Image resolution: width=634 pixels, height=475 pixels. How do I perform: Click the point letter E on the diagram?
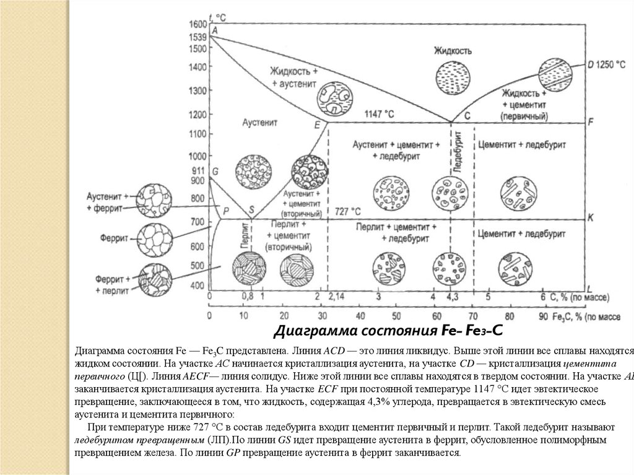click(316, 125)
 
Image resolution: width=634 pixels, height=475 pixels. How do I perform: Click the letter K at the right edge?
click(590, 217)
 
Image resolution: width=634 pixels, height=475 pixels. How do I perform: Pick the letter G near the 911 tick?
click(215, 170)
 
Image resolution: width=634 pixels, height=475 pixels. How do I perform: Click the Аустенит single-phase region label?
click(258, 123)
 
